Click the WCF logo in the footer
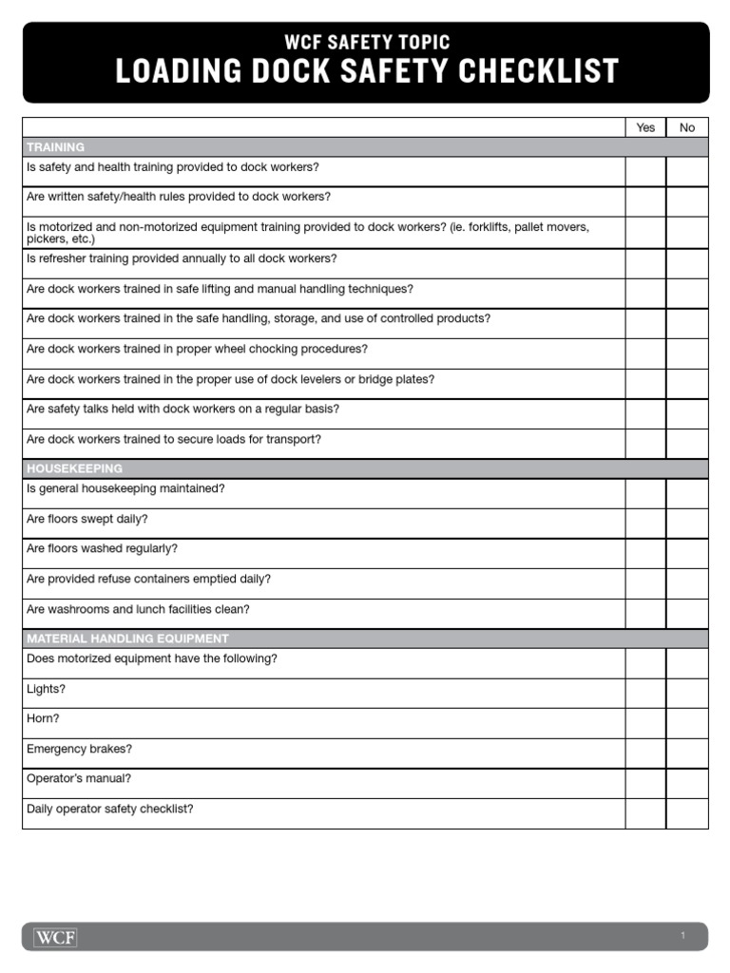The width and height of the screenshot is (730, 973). (55, 938)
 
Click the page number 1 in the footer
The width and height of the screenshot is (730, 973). (682, 937)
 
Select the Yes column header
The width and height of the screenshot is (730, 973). (645, 127)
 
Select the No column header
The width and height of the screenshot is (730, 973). (687, 127)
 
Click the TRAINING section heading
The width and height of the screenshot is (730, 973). (55, 147)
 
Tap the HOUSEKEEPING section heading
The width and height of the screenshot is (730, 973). (74, 469)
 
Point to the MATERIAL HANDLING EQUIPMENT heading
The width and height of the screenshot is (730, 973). (127, 639)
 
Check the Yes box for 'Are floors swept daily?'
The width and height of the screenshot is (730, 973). (645, 524)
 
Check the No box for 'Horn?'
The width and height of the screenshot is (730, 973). (687, 723)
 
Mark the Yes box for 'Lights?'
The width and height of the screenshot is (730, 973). (645, 693)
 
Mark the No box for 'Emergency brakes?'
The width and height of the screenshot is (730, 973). (687, 754)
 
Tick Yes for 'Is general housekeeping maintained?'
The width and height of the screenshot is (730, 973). (645, 494)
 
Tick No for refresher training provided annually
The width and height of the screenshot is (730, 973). (687, 263)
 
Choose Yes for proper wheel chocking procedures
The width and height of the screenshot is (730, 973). (645, 353)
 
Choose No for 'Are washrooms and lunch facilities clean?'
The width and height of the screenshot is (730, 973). (687, 614)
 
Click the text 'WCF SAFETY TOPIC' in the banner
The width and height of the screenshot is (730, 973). (366, 42)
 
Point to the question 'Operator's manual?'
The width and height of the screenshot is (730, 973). (79, 778)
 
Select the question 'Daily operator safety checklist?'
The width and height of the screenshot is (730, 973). (110, 809)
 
